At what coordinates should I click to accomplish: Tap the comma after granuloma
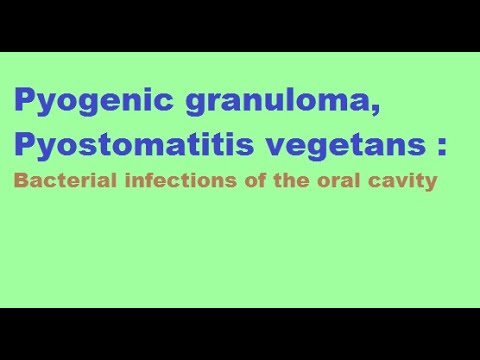(x=346, y=110)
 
